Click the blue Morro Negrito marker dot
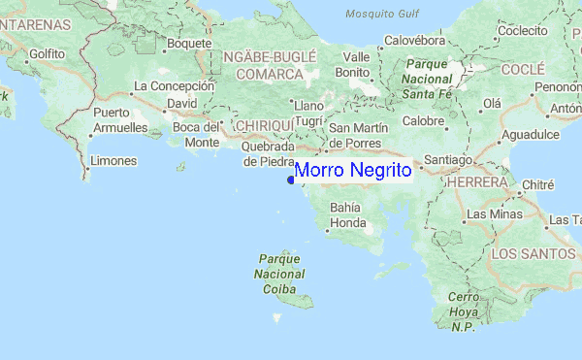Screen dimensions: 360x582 291,180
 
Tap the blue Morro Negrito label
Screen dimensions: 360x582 353,171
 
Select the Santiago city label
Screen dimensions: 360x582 447,159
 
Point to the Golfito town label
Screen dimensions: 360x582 48,54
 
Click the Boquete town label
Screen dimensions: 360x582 189,43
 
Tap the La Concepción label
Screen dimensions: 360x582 174,85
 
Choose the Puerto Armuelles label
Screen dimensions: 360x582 119,119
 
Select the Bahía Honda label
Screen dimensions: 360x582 347,214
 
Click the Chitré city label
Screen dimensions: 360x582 537,184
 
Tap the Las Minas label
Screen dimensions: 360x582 490,213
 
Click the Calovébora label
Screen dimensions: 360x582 416,41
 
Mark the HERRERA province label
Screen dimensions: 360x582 476,181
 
